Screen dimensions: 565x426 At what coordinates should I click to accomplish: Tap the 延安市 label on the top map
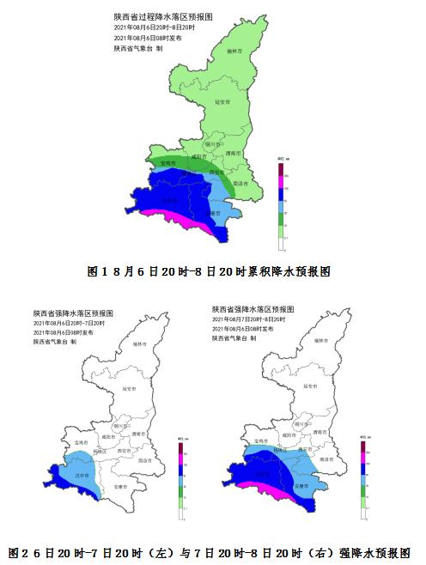219,101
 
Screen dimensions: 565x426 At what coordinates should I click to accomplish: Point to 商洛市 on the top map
240,183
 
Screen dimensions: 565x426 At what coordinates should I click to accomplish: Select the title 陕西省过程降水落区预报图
162,16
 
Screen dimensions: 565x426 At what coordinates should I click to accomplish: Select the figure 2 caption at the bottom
210,551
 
